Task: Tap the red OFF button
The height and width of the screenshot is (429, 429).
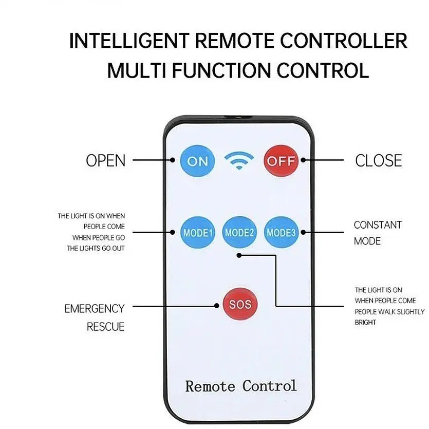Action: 281,161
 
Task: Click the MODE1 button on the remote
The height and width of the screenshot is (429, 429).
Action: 198,233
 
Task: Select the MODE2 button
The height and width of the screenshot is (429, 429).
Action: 239,233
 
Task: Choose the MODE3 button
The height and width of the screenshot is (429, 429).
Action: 281,233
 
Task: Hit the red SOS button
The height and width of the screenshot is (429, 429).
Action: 239,304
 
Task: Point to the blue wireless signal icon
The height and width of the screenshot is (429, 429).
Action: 239,161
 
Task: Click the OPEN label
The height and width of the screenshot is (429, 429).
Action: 105,161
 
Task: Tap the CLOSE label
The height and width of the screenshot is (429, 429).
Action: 378,161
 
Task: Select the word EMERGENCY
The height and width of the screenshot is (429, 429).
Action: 94,309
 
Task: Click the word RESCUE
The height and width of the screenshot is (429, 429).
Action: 105,327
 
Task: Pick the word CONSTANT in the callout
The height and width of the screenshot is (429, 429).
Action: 378,225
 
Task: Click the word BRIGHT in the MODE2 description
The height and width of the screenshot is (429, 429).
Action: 365,323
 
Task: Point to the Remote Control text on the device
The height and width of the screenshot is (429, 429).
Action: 240,386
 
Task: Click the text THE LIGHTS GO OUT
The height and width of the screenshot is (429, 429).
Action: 96,249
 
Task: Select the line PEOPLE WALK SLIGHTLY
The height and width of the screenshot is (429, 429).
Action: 389,312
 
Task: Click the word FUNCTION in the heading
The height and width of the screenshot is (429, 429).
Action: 222,70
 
